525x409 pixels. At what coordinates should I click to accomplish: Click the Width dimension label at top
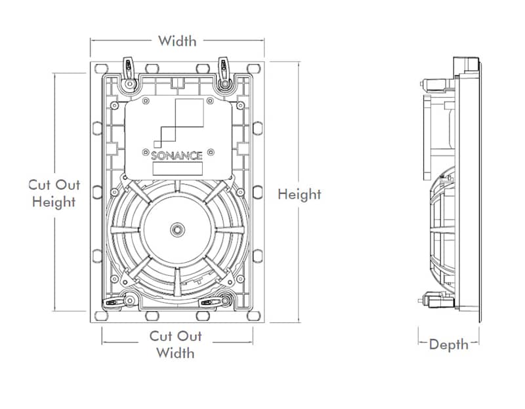(x=177, y=41)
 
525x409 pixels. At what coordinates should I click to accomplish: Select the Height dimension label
(x=299, y=194)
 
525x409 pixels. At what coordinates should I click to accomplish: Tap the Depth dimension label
(x=449, y=344)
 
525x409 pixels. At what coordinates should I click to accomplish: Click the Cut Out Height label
(x=54, y=193)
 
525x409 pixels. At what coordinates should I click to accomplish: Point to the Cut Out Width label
(x=176, y=344)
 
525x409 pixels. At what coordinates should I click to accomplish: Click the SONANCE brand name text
(x=177, y=156)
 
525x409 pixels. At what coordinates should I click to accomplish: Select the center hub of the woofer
(x=177, y=229)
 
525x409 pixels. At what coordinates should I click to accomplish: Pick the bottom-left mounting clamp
(x=118, y=302)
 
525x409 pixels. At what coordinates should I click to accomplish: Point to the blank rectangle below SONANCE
(x=177, y=168)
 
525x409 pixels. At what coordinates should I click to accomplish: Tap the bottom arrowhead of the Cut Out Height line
(x=55, y=309)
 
